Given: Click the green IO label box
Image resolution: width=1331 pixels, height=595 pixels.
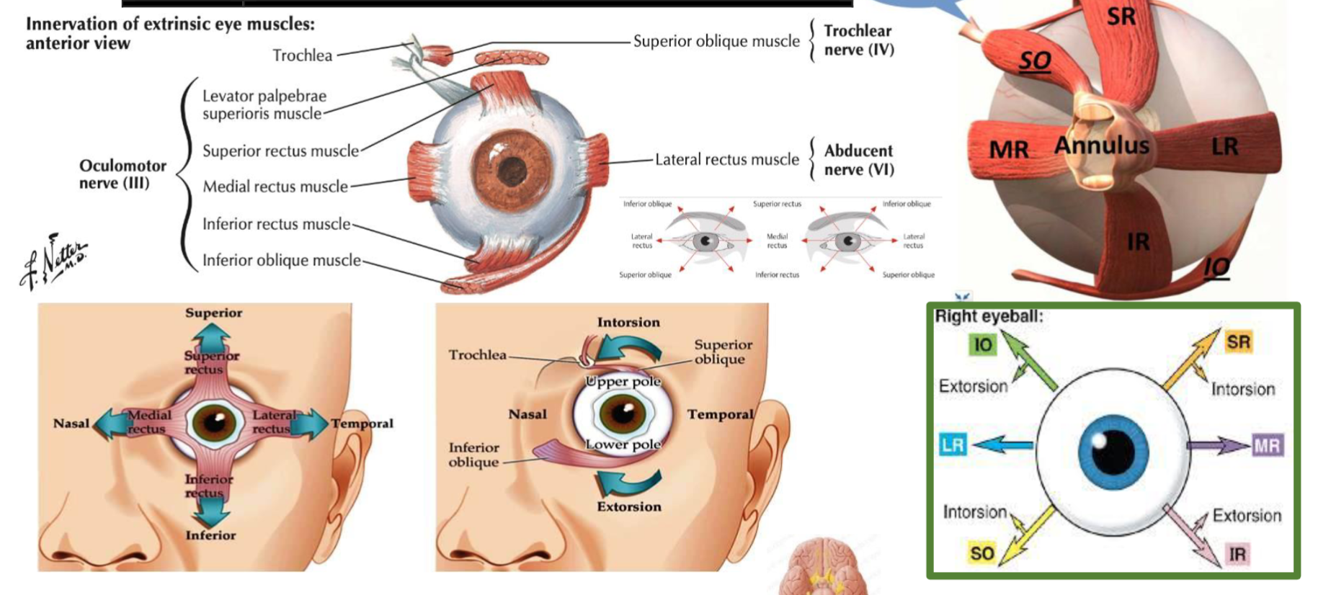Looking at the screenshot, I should coord(983,345).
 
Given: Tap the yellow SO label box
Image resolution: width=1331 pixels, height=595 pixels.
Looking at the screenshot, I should coord(981,553).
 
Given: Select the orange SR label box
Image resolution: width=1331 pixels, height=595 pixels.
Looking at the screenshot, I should coord(1238,342).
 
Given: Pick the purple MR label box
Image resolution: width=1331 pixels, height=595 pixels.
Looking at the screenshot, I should coord(1267,446).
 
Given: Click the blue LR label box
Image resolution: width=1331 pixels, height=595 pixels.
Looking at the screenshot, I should coord(953,445).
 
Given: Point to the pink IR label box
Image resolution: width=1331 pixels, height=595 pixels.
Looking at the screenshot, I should coord(1237,555).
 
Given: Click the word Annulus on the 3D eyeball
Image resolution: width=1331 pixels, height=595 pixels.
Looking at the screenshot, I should coord(1102,146).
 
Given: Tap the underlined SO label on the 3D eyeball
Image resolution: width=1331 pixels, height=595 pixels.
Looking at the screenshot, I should coord(1034,61).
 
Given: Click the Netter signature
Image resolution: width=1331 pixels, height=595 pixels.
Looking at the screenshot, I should coord(54,261).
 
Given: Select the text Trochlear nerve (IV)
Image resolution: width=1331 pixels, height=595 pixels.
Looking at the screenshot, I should coord(858,40).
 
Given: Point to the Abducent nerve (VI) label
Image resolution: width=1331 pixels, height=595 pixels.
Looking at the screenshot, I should coord(858,160).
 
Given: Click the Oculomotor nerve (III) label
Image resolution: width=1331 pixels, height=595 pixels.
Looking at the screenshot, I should coord(122,174).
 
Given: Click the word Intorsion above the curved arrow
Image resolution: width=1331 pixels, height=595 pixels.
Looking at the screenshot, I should coord(628,322).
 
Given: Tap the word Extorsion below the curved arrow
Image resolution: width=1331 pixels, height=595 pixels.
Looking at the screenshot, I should coord(628,506).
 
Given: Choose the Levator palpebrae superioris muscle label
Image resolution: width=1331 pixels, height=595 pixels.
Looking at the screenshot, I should coord(264,104).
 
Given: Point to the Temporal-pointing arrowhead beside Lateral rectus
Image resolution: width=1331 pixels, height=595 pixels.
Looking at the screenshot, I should coord(316,424).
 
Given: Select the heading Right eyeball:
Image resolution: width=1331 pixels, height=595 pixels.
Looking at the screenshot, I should coord(989,316).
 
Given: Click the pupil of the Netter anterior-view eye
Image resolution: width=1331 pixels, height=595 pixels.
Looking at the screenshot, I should coord(512,171).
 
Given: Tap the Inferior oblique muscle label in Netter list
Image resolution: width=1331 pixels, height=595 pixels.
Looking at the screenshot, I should coord(281,260).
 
